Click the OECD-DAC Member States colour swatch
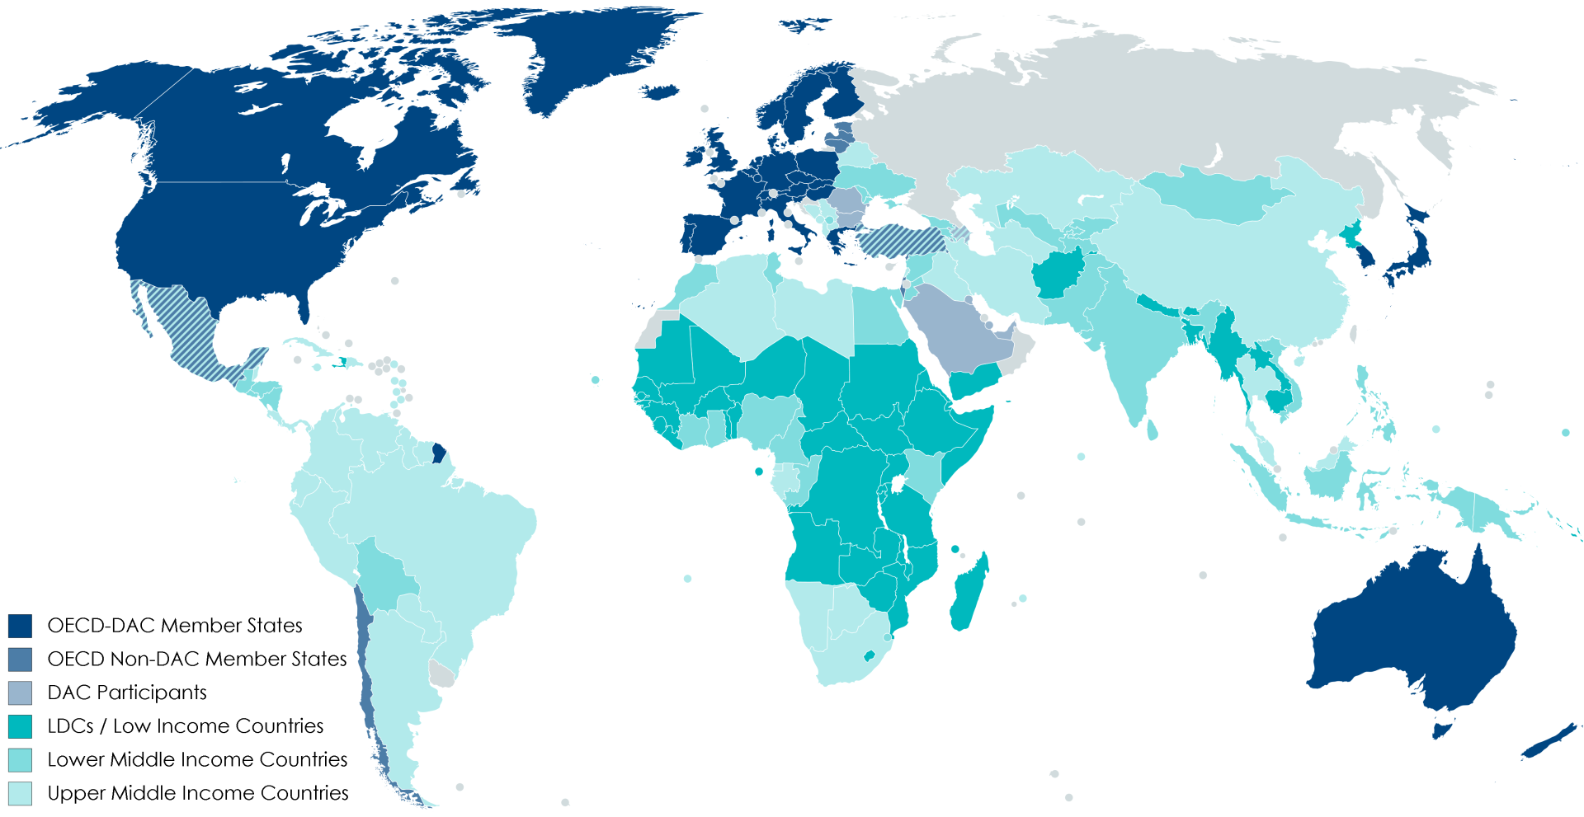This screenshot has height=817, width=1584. click(x=20, y=626)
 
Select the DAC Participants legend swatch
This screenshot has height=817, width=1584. click(x=20, y=693)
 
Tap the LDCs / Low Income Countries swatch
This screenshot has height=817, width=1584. click(x=20, y=726)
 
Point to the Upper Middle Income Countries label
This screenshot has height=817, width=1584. click(x=198, y=793)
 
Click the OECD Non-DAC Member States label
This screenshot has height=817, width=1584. click(x=197, y=659)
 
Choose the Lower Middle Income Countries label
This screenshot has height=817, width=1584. click(x=197, y=759)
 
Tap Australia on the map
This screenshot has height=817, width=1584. click(x=1411, y=635)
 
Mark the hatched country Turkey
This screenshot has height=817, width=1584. click(x=899, y=240)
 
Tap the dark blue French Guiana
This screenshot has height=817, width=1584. click(x=439, y=453)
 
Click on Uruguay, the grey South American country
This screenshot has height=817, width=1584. click(x=442, y=675)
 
